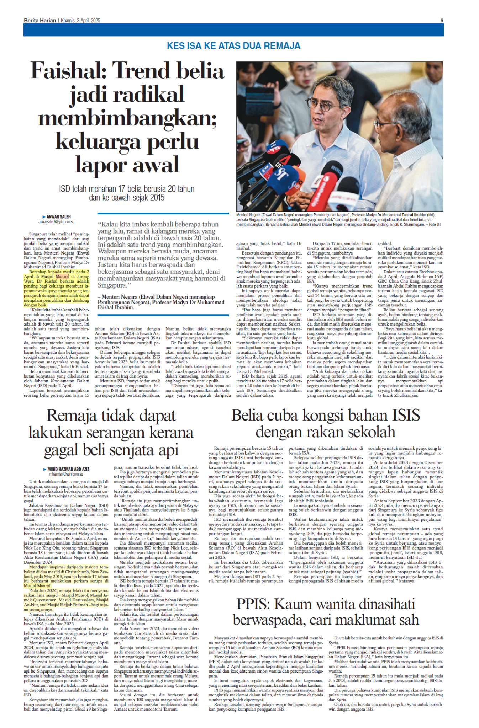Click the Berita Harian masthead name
[x=40, y=21]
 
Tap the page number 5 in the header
[x=442, y=21]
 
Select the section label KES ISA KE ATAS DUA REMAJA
[x=233, y=46]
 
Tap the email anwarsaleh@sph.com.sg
[x=56, y=222]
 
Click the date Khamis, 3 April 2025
[x=80, y=21]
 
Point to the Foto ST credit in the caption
[x=435, y=225]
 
